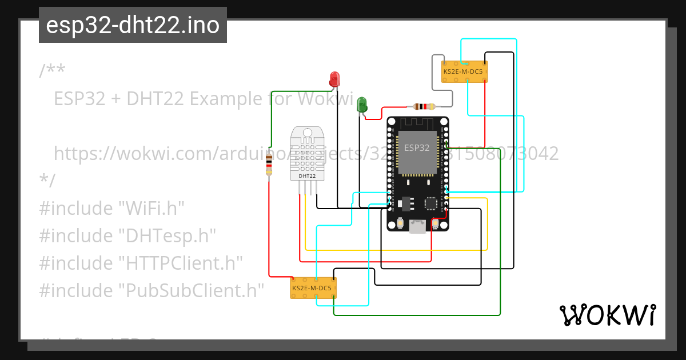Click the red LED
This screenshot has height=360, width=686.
click(x=334, y=79)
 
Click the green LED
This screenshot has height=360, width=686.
click(x=362, y=105)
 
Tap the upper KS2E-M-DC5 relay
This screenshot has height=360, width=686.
click(x=464, y=71)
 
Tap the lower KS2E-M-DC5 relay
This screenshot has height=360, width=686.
click(x=313, y=288)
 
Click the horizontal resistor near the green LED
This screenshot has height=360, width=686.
click(x=424, y=106)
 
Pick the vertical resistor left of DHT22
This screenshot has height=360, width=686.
click(x=269, y=165)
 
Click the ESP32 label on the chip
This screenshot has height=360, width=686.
click(x=417, y=147)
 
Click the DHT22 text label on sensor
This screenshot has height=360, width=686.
click(x=307, y=176)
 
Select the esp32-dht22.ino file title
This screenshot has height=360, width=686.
click(x=133, y=25)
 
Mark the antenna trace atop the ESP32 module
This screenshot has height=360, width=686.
click(x=417, y=122)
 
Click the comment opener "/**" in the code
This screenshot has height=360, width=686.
click(x=52, y=71)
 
